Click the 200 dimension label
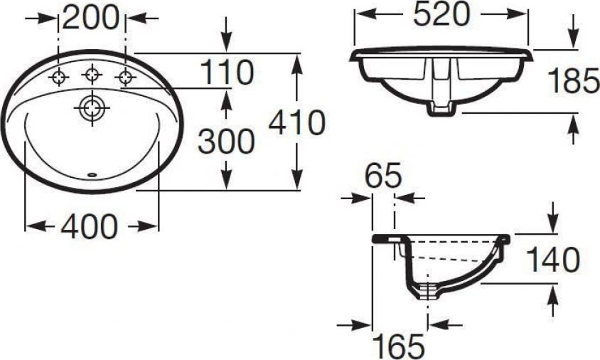(x=91, y=18)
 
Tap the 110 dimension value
(x=227, y=72)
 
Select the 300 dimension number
(x=226, y=142)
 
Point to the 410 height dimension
(x=297, y=122)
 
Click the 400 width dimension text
(x=89, y=227)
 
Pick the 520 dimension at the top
(x=441, y=14)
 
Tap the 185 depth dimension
(x=573, y=81)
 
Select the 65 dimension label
(x=383, y=176)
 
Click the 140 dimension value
(x=553, y=259)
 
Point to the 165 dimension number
(x=398, y=346)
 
